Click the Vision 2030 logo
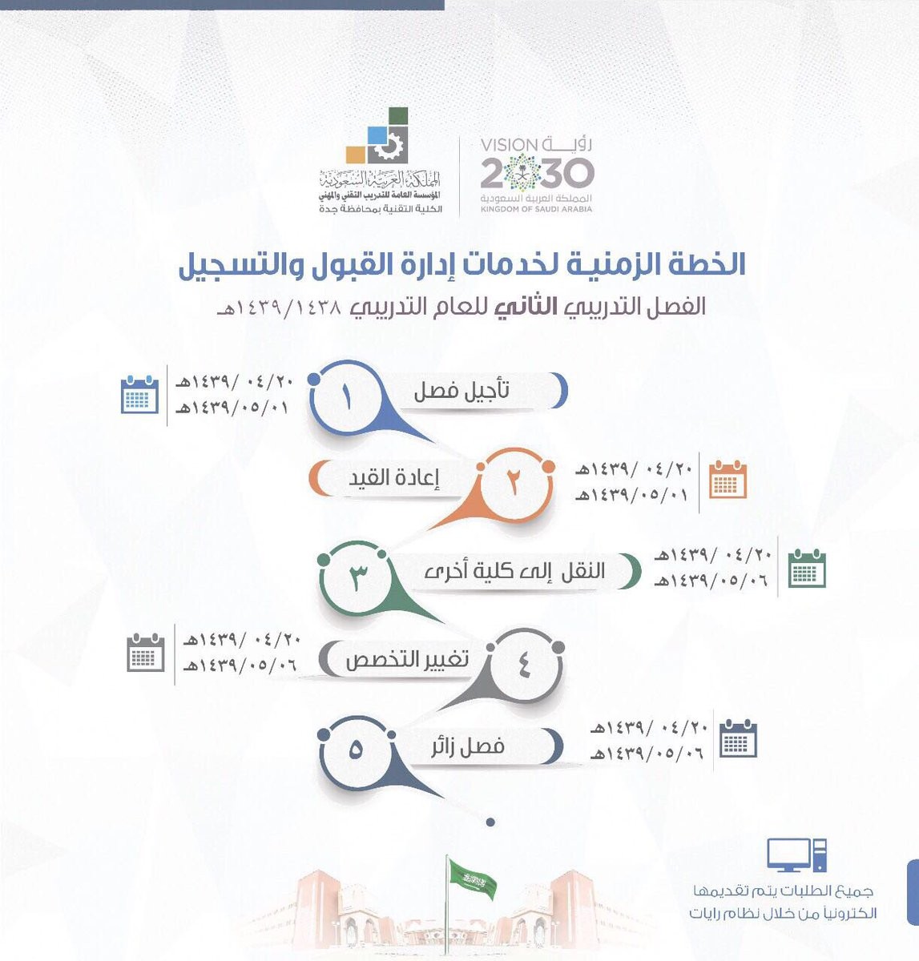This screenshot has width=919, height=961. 537,175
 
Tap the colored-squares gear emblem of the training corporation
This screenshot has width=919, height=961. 377,135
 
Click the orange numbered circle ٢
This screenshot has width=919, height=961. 514,485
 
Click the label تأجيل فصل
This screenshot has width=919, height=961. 462,392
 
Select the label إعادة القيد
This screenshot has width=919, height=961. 394,478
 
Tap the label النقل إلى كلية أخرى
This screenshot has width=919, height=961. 514,571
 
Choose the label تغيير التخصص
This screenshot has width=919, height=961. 407,660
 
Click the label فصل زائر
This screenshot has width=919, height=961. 468,747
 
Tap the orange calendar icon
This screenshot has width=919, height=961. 728,480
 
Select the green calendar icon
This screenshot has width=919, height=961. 807,568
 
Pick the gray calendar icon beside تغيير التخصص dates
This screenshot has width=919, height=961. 146,653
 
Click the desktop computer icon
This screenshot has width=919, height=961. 796,854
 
